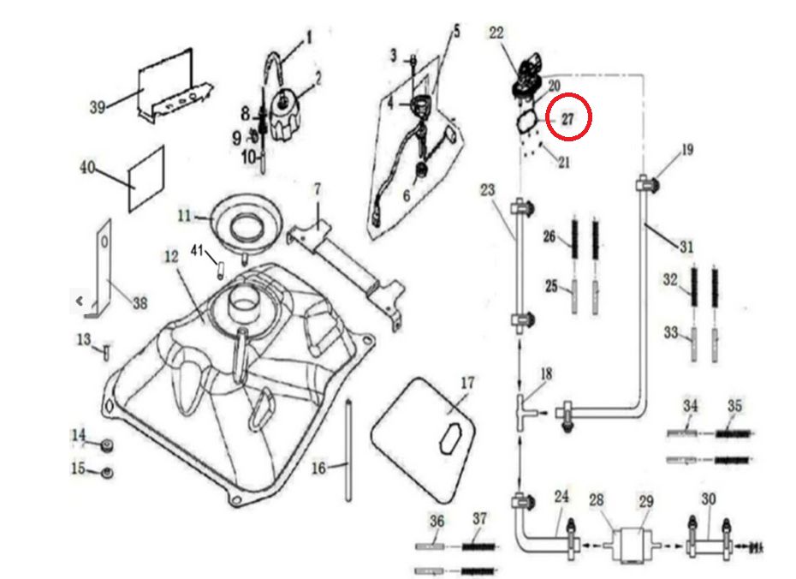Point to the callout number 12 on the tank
(170, 255)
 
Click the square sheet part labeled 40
(146, 179)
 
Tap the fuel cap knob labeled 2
(285, 116)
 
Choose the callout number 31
(686, 247)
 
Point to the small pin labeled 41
(218, 267)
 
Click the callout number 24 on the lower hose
(561, 496)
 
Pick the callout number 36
(437, 520)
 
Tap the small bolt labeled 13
(106, 349)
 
